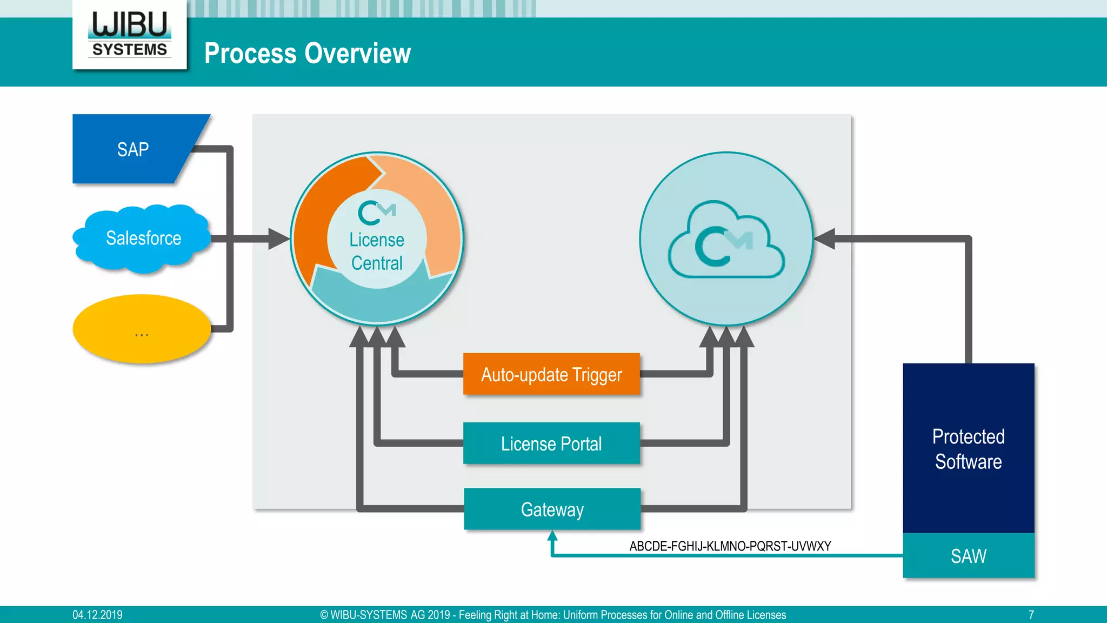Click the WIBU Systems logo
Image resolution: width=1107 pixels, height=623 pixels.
130,34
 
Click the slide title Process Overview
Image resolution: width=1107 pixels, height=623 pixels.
307,54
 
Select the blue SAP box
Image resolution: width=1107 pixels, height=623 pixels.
132,149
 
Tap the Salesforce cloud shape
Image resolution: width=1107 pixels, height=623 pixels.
143,238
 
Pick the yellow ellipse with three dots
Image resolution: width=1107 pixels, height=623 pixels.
142,329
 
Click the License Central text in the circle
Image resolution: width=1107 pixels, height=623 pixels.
377,251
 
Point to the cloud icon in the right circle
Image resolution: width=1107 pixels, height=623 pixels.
726,240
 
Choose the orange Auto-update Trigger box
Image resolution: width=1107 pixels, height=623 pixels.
551,374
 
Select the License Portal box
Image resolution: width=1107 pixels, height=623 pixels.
551,443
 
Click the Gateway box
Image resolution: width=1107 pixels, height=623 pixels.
552,509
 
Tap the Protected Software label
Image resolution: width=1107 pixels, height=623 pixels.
968,449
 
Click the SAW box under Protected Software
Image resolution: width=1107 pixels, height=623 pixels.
968,556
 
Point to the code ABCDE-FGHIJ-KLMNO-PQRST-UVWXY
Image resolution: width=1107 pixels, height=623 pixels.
730,546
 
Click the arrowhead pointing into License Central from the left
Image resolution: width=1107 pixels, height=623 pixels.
279,239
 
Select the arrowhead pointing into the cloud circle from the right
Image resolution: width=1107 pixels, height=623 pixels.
825,239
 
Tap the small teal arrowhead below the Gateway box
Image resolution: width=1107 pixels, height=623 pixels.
552,535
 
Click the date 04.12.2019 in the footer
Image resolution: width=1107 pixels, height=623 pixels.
97,615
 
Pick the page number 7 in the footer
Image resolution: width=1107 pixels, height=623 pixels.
1031,615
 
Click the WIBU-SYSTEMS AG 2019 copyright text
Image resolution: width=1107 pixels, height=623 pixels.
552,615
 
